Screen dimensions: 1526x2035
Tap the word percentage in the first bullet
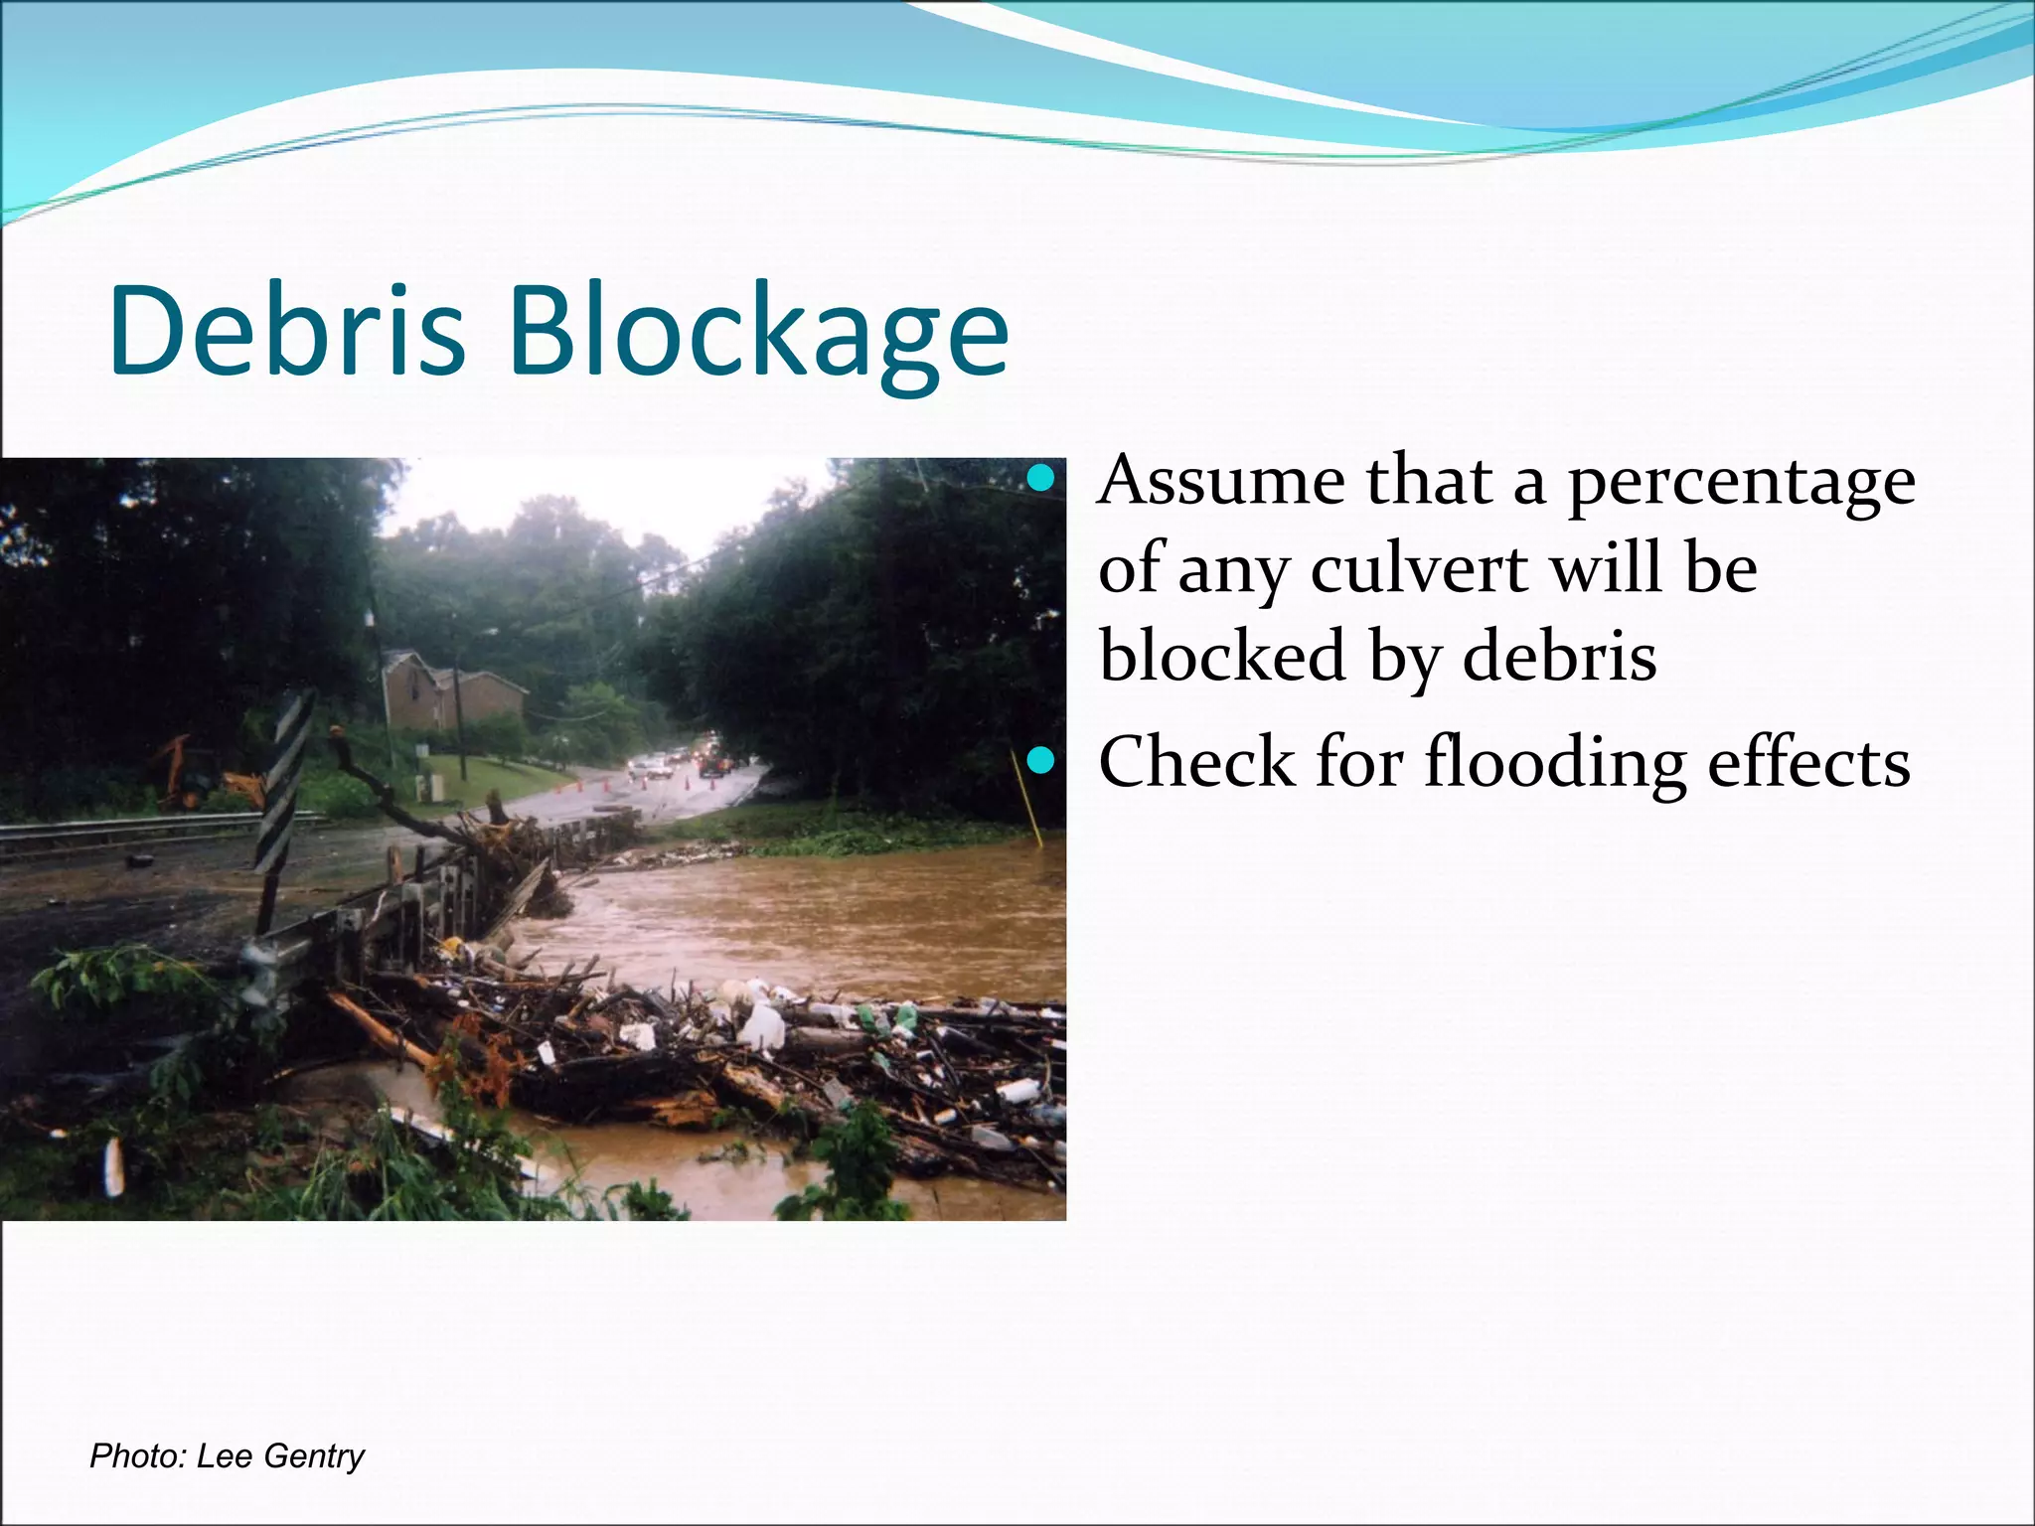[x=1741, y=483]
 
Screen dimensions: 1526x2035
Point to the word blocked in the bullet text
[x=1221, y=657]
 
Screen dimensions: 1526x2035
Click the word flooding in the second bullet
[x=1555, y=763]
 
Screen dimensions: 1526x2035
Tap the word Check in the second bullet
[x=1196, y=763]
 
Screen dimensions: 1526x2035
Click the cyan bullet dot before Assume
[x=1039, y=481]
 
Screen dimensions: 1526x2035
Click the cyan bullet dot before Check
[x=1039, y=762]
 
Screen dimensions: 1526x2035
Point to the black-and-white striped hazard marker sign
[x=283, y=785]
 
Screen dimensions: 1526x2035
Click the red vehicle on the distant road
[x=711, y=765]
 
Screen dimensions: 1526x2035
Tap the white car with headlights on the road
[x=651, y=766]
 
